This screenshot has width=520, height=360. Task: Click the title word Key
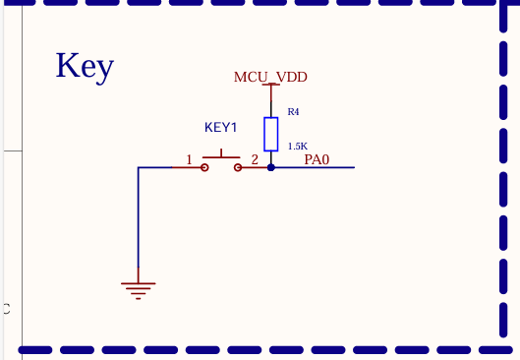coord(85,66)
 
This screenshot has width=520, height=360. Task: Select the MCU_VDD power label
coord(270,76)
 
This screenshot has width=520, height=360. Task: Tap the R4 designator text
coord(293,111)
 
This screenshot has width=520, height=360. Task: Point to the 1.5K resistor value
coord(297,146)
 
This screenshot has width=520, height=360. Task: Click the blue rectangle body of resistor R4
coord(270,133)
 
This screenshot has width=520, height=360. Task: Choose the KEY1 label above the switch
coord(221,127)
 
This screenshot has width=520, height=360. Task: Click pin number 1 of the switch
coord(189,158)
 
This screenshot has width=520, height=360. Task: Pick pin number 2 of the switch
coord(255,158)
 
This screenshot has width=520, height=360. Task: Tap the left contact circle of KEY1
coord(204,167)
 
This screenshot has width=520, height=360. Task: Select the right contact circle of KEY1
coord(238,167)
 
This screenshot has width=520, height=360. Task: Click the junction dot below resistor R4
coord(270,167)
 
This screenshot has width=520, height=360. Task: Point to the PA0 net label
coord(317,158)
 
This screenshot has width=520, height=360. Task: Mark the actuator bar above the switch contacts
coord(221,156)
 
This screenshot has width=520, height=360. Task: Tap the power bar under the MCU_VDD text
coord(270,85)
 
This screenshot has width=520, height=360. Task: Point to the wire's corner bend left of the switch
coord(139,167)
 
